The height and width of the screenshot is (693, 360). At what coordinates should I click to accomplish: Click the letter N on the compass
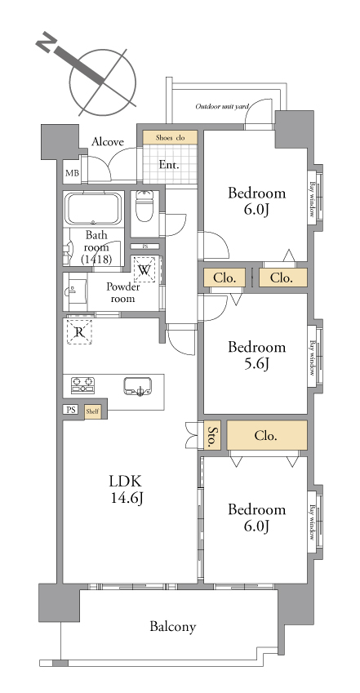coord(44,44)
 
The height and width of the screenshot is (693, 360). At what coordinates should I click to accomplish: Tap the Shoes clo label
coord(170,137)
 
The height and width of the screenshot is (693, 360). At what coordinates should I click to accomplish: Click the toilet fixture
coord(144,206)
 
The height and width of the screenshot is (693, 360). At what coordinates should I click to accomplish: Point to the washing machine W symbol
coord(144,269)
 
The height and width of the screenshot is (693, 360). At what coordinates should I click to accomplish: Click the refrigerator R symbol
coord(79,331)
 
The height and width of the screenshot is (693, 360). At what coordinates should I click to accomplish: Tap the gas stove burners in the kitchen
coord(83,385)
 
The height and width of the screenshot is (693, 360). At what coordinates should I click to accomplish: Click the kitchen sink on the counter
coord(137,386)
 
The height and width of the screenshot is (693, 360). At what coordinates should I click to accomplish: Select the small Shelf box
coord(92,411)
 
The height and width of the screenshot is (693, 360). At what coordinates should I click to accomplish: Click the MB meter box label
coord(73,173)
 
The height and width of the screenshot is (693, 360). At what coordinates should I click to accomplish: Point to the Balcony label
coord(172,626)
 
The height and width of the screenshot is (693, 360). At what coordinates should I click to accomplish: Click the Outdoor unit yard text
coord(222,106)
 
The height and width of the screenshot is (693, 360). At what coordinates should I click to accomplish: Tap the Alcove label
coord(108,142)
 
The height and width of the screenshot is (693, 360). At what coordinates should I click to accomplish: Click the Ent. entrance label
coord(169,166)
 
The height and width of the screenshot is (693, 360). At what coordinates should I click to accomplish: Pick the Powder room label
coord(122,292)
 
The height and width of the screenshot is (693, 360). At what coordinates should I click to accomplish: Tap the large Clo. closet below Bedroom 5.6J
coord(267,435)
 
